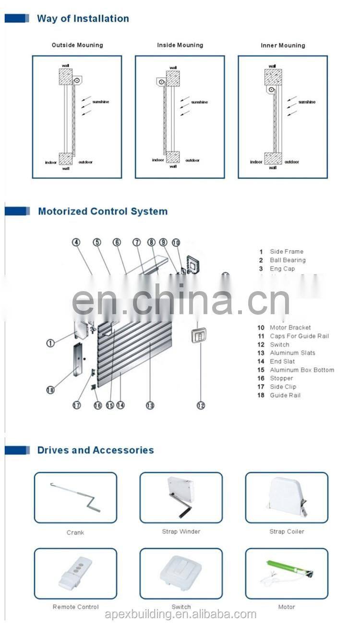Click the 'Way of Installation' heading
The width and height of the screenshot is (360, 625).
pyautogui.click(x=83, y=19)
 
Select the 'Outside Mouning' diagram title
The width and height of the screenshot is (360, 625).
pyautogui.click(x=77, y=45)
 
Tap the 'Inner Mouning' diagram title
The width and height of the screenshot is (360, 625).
pyautogui.click(x=283, y=46)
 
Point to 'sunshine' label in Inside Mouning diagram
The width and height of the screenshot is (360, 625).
pyautogui.click(x=200, y=102)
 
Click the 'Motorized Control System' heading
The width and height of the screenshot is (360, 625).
pyautogui.click(x=103, y=211)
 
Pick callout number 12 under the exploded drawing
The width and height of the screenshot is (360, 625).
pyautogui.click(x=201, y=405)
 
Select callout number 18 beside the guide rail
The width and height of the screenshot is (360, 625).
pyautogui.click(x=50, y=390)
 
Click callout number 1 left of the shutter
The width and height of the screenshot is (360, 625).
pyautogui.click(x=50, y=343)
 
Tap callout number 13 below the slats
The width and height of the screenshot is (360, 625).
pyautogui.click(x=150, y=405)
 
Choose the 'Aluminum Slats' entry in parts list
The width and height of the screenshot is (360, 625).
pyautogui.click(x=292, y=353)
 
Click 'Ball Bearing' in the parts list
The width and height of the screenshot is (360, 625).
pyautogui.click(x=288, y=260)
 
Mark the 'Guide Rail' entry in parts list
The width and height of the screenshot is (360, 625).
pyautogui.click(x=285, y=395)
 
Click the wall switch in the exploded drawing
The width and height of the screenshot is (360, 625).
pyautogui.click(x=199, y=335)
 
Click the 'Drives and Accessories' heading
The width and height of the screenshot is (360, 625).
pyautogui.click(x=96, y=450)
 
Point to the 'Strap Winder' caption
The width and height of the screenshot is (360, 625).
pyautogui.click(x=181, y=532)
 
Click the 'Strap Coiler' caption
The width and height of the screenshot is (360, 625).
pyautogui.click(x=287, y=532)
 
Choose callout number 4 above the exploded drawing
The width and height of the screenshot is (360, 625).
pyautogui.click(x=76, y=242)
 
